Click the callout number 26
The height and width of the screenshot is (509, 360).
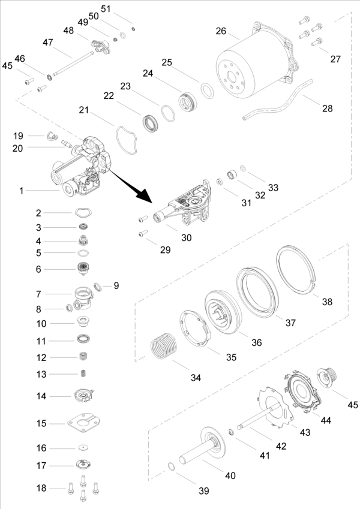[x=221, y=31]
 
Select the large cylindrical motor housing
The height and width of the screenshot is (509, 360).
[x=257, y=62]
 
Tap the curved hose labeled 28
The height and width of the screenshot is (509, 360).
[x=278, y=100]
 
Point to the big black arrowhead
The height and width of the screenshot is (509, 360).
[x=144, y=195]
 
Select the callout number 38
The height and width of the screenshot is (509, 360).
[x=327, y=302]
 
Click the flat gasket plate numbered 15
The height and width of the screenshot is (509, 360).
[x=83, y=423]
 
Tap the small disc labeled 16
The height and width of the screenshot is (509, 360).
[x=83, y=448]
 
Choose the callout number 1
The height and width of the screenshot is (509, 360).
[x=21, y=191]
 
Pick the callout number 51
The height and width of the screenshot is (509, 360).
[x=106, y=9]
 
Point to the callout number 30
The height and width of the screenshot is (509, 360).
[x=186, y=237]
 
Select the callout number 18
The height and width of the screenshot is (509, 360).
[x=41, y=488]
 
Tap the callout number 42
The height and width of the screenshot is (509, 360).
[x=281, y=446]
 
